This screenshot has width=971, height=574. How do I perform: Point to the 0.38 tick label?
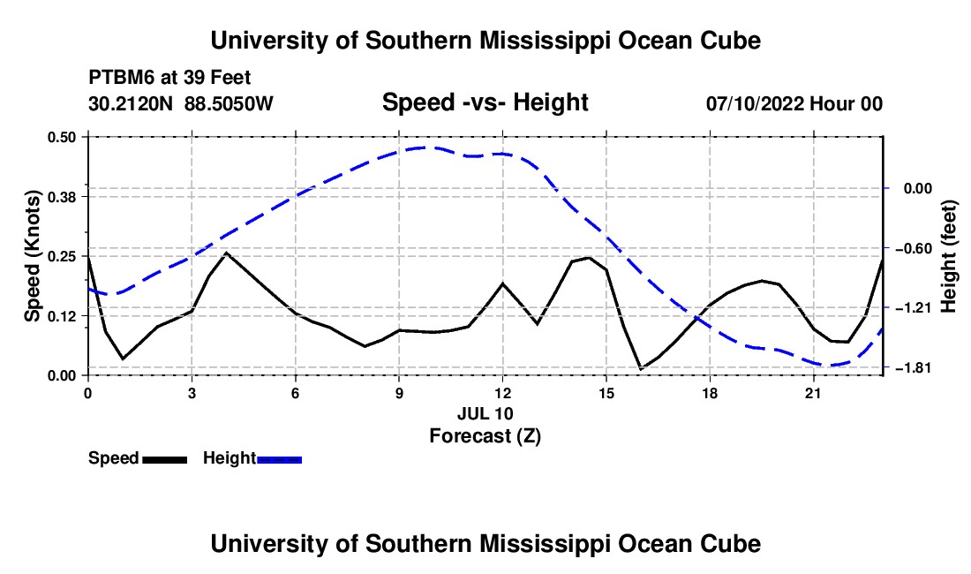62,197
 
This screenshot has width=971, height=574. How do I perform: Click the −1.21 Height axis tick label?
917,307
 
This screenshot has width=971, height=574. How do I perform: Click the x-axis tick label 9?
399,393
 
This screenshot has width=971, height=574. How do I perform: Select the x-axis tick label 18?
710,393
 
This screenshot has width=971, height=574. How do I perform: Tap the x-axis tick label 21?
813,393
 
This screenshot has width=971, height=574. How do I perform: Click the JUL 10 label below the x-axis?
485,413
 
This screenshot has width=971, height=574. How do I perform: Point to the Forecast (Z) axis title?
485,436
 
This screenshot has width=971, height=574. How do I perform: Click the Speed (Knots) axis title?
33,256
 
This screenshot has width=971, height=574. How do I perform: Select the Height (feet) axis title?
949,256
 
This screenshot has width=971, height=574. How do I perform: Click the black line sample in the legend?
165,459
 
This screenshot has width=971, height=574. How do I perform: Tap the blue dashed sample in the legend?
279,459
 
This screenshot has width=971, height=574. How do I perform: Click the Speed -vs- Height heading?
485,102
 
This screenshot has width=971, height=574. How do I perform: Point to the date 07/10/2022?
755,104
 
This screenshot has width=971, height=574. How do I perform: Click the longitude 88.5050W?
229,104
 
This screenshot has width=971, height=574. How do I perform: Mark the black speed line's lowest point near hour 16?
641,369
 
